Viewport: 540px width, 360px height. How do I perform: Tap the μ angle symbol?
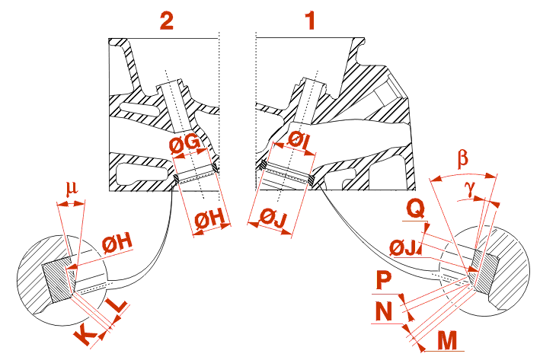click(x=72, y=187)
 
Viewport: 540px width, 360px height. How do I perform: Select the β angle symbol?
click(x=463, y=160)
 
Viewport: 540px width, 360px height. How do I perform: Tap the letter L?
click(x=118, y=308)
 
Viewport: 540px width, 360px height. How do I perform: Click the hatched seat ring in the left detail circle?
click(x=55, y=279)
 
